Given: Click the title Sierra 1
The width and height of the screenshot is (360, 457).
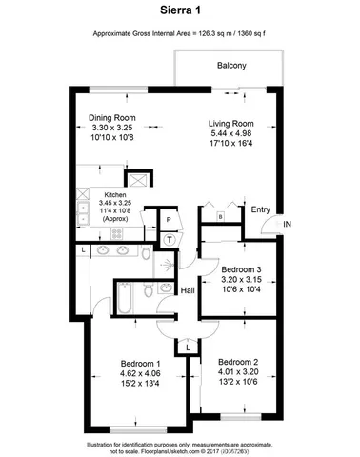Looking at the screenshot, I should click(x=179, y=11).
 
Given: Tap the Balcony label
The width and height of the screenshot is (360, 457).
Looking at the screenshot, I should click(x=230, y=66).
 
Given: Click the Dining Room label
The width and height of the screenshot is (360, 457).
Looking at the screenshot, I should click(x=112, y=118).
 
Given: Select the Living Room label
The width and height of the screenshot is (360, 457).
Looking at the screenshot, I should click(x=231, y=123).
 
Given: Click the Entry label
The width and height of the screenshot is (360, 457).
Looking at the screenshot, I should click(x=260, y=210).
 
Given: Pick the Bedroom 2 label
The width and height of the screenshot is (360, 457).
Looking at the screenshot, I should click(x=238, y=362).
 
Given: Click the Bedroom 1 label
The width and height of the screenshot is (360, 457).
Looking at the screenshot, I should click(x=141, y=364).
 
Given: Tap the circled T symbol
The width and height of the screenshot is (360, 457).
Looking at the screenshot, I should click(x=170, y=239).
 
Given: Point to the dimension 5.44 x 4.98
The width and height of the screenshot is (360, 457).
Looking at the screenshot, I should click(x=231, y=134).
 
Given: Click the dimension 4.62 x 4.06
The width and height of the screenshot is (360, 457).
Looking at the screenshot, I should click(x=141, y=375).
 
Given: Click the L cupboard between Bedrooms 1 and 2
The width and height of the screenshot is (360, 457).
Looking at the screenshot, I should click(x=190, y=348).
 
